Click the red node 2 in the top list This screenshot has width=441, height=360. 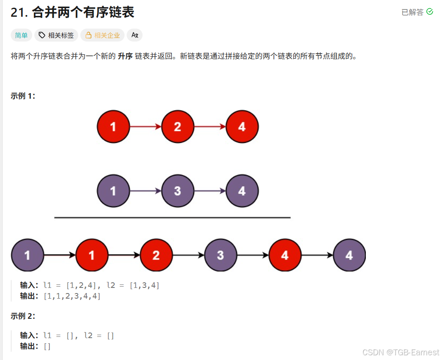point(177,127)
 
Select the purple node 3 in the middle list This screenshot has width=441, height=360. point(177,191)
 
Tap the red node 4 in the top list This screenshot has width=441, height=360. point(242,127)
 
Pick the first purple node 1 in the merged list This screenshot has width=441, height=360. point(27,255)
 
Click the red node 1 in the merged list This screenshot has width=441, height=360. point(91,255)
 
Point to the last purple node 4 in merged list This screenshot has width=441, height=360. point(349,255)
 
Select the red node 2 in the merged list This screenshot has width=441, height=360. point(156,255)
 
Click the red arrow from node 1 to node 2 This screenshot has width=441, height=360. point(145,127)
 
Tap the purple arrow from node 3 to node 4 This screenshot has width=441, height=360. point(210,191)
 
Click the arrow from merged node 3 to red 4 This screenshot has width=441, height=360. point(252,255)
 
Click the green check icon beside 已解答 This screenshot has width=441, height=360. point(430,12)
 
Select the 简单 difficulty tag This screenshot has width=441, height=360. point(21,35)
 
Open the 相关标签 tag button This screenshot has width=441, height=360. point(56,35)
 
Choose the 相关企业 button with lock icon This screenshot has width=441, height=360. point(103,35)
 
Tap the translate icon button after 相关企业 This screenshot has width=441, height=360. point(134,35)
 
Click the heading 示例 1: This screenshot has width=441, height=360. point(23,96)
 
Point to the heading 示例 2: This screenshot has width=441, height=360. point(23,316)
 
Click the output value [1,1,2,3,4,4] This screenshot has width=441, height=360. point(72,296)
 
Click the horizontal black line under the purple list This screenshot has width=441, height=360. point(172,218)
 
